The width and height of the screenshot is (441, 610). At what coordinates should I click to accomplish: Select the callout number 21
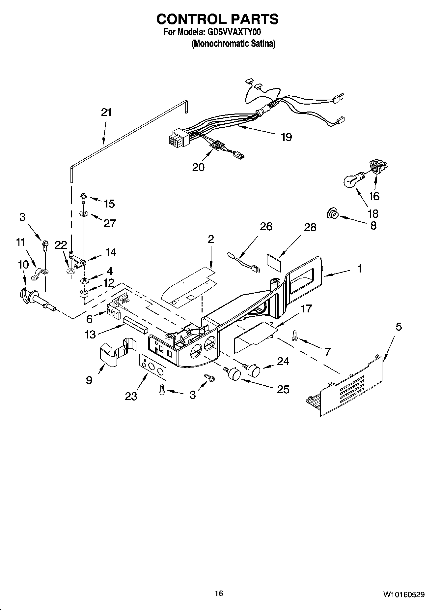[106, 112]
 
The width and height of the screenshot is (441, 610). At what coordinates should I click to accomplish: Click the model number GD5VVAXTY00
[234, 32]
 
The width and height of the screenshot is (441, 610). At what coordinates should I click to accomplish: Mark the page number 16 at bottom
[219, 594]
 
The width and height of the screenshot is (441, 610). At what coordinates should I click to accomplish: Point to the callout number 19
[286, 137]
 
